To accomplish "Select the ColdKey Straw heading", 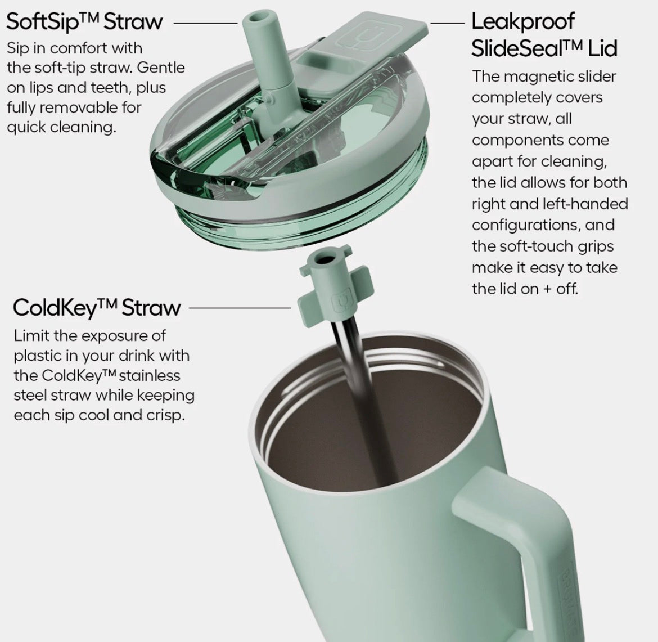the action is pyautogui.click(x=97, y=307).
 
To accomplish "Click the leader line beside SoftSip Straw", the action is pyautogui.click(x=206, y=23).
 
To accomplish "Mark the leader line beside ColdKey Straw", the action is pyautogui.click(x=240, y=308).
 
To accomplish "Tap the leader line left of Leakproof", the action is pyautogui.click(x=447, y=23).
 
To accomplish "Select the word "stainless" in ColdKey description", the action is pyautogui.click(x=150, y=375).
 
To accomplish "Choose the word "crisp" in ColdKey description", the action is pyautogui.click(x=165, y=416).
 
